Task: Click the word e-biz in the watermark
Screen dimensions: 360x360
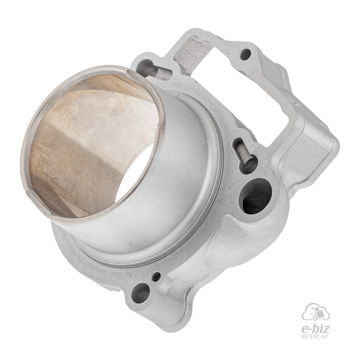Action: [x=315, y=329]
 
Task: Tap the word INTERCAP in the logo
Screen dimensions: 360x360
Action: [x=315, y=337]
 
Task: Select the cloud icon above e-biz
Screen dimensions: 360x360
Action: [x=316, y=312]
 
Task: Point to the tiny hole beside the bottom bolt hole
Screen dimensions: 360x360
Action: [x=156, y=276]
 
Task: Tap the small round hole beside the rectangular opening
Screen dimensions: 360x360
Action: [x=246, y=54]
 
